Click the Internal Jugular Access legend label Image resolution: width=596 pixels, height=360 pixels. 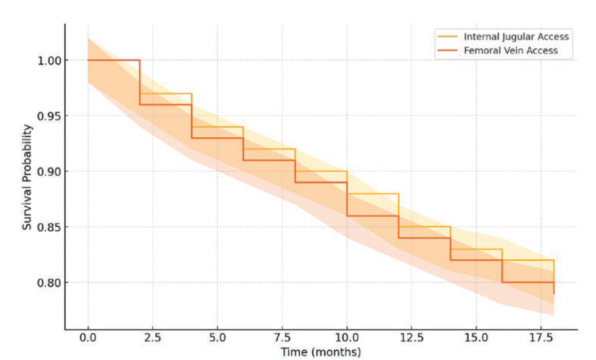tap(516, 37)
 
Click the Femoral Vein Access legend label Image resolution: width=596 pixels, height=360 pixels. tap(511, 50)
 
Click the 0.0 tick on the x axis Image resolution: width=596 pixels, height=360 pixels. tap(88, 340)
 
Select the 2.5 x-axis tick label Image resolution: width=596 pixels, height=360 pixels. tap(153, 340)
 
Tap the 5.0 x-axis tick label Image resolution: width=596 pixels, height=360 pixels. tap(218, 340)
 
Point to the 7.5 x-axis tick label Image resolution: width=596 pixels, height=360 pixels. tap(282, 340)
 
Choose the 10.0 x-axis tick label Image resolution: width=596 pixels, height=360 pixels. tap(347, 340)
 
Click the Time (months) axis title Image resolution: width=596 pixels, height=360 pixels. tap(321, 352)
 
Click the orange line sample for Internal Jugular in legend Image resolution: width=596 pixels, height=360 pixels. tap(447, 37)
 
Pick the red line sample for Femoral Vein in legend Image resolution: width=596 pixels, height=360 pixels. tap(447, 50)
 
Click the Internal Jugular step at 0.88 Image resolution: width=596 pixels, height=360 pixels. tap(373, 194)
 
